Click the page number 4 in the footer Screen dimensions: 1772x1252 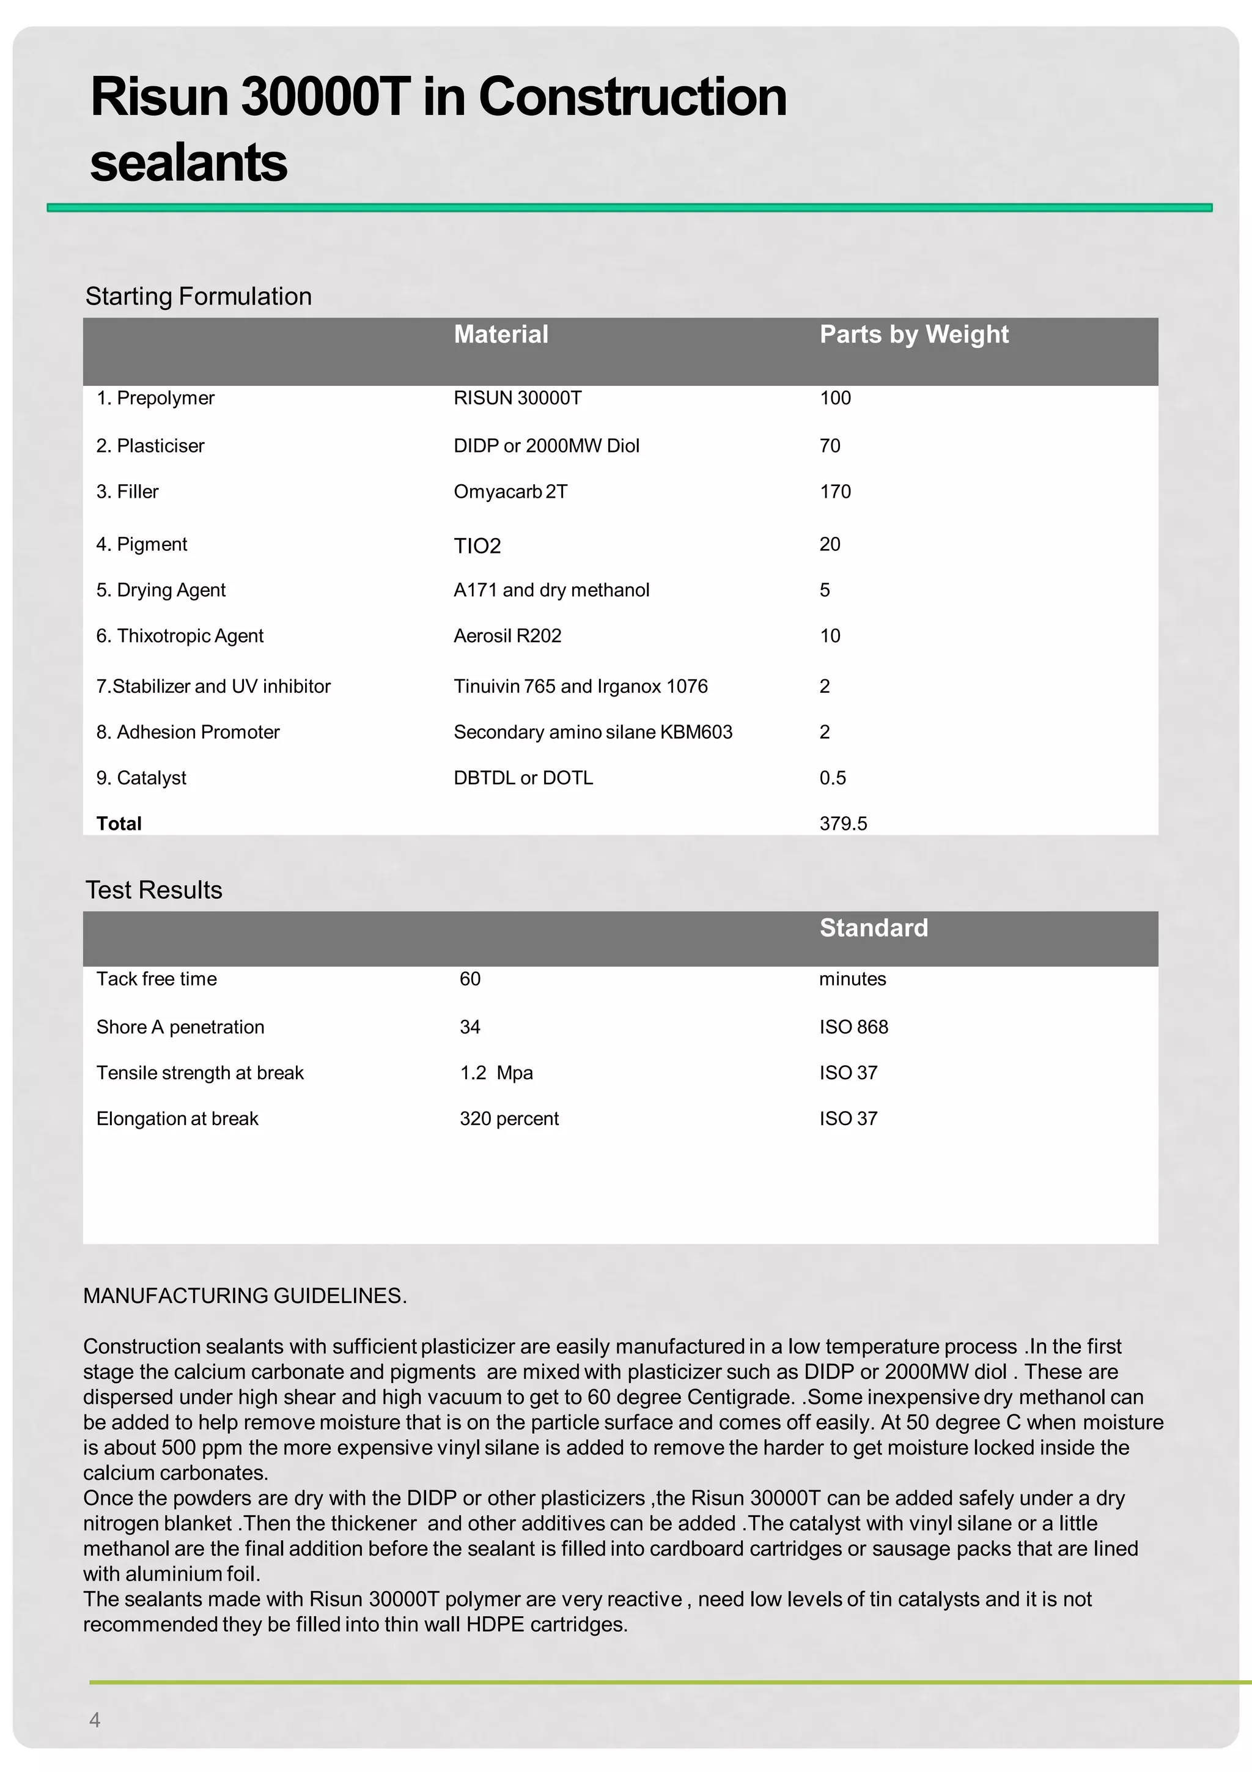pyautogui.click(x=95, y=1719)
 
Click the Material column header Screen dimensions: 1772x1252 pyautogui.click(x=501, y=334)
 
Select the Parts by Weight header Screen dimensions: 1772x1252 pyautogui.click(x=913, y=334)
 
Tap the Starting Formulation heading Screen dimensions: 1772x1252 pyautogui.click(x=198, y=297)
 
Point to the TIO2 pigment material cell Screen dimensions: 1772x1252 pyautogui.click(x=477, y=545)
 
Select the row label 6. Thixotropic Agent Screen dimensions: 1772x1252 pyautogui.click(x=180, y=636)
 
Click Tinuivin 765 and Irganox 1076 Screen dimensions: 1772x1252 pyautogui.click(x=580, y=686)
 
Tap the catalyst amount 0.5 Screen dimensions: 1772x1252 pyautogui.click(x=833, y=778)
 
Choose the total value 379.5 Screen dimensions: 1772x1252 pyautogui.click(x=842, y=824)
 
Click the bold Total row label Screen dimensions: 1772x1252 pyautogui.click(x=119, y=824)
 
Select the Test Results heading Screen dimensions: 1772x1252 pyautogui.click(x=153, y=890)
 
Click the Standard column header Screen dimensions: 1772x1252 pyautogui.click(x=873, y=928)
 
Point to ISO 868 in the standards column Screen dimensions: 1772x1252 pyautogui.click(x=853, y=1027)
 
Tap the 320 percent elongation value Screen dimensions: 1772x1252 pyautogui.click(x=509, y=1119)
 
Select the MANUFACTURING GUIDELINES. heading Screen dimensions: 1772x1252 pyautogui.click(x=245, y=1296)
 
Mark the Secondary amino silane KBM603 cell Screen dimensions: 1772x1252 pyautogui.click(x=592, y=733)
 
